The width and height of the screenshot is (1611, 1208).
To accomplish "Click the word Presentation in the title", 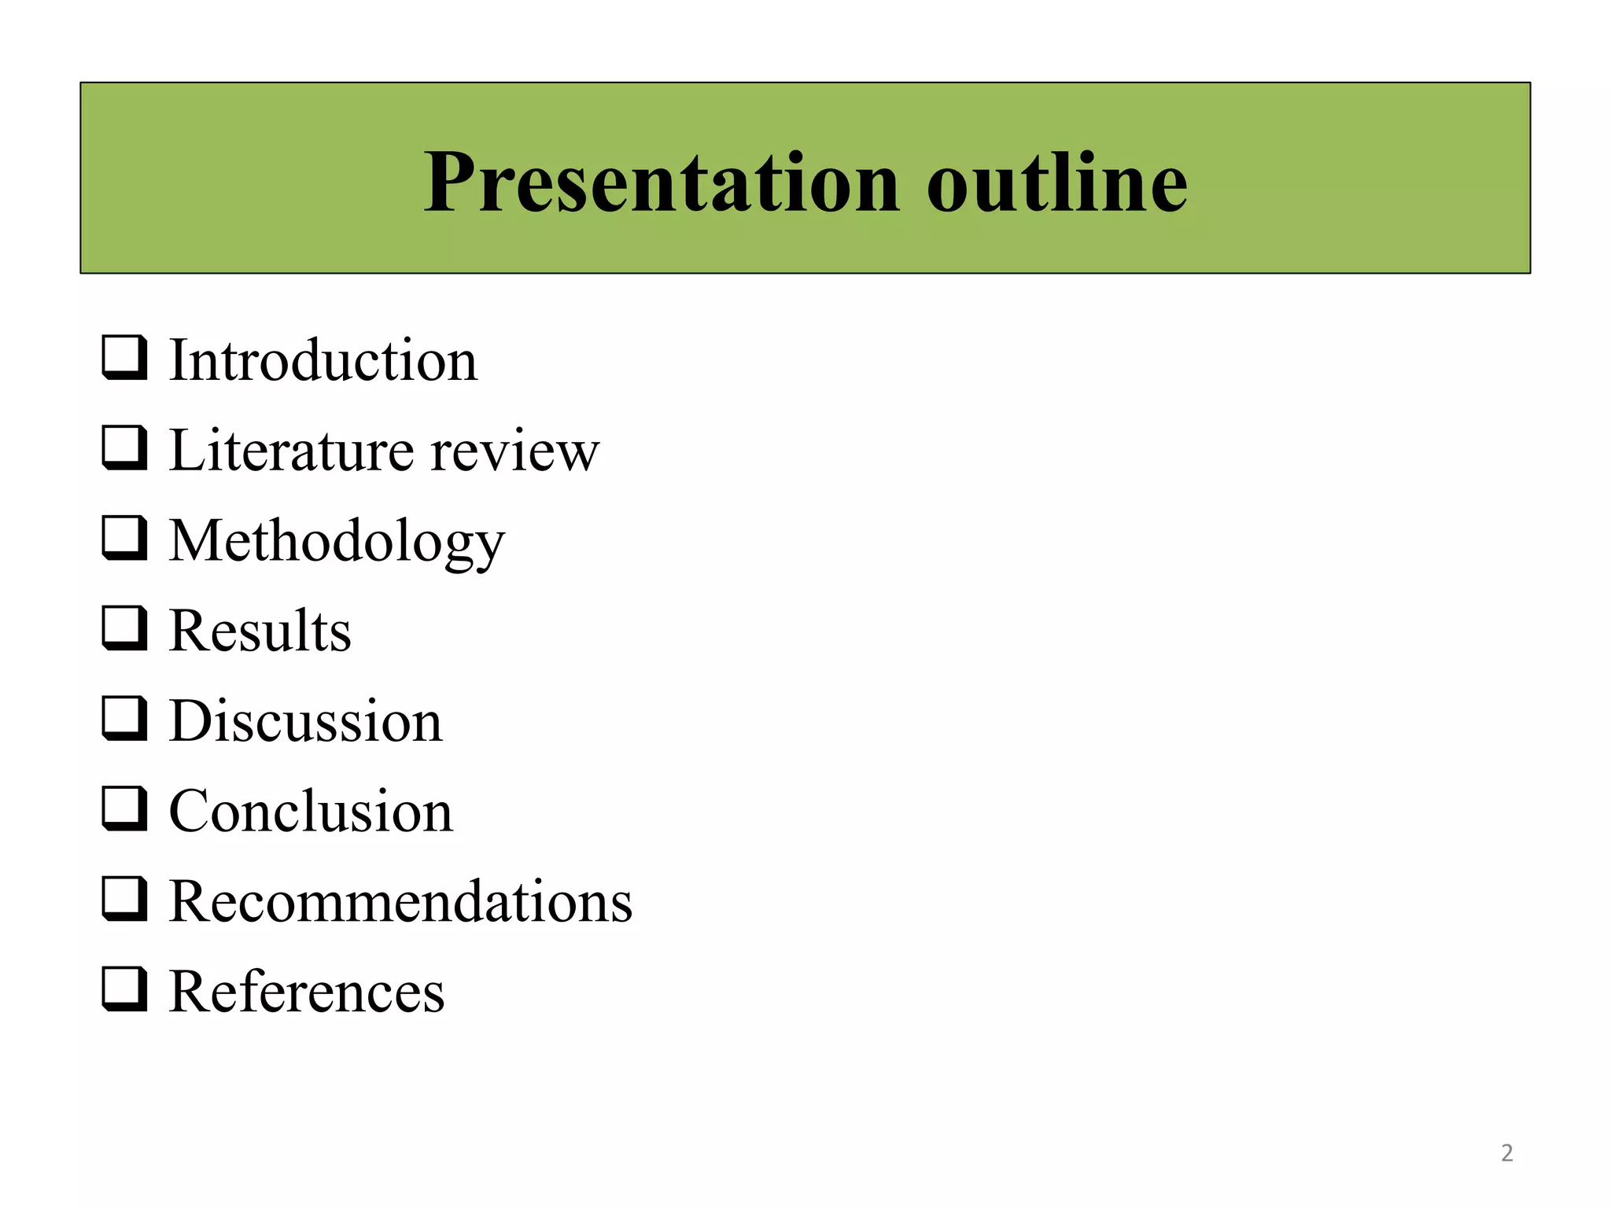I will [x=661, y=182].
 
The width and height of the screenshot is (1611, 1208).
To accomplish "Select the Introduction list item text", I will [x=323, y=360].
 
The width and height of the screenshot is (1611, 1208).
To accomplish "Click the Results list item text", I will [x=260, y=631].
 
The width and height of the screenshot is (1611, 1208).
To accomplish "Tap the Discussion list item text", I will [x=306, y=721].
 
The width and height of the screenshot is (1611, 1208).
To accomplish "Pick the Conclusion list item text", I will [x=311, y=811].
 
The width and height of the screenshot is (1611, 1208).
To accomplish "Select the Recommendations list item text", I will [x=400, y=901].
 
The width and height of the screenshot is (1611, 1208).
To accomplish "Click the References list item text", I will [x=307, y=991].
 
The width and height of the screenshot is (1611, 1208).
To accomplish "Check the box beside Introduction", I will [x=124, y=358].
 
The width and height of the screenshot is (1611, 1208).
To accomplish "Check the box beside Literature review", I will [x=124, y=448].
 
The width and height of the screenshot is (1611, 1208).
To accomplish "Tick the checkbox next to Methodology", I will [x=124, y=538].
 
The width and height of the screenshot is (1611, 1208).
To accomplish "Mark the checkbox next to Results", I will [x=124, y=628].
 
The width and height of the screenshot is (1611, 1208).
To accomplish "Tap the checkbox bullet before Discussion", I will [x=124, y=719].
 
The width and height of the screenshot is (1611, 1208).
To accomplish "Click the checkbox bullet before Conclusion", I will [x=124, y=808].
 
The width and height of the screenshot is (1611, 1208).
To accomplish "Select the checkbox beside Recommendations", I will [x=124, y=899].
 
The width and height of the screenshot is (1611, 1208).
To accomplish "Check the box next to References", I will [x=124, y=989].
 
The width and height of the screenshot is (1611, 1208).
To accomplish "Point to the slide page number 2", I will [x=1506, y=1153].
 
